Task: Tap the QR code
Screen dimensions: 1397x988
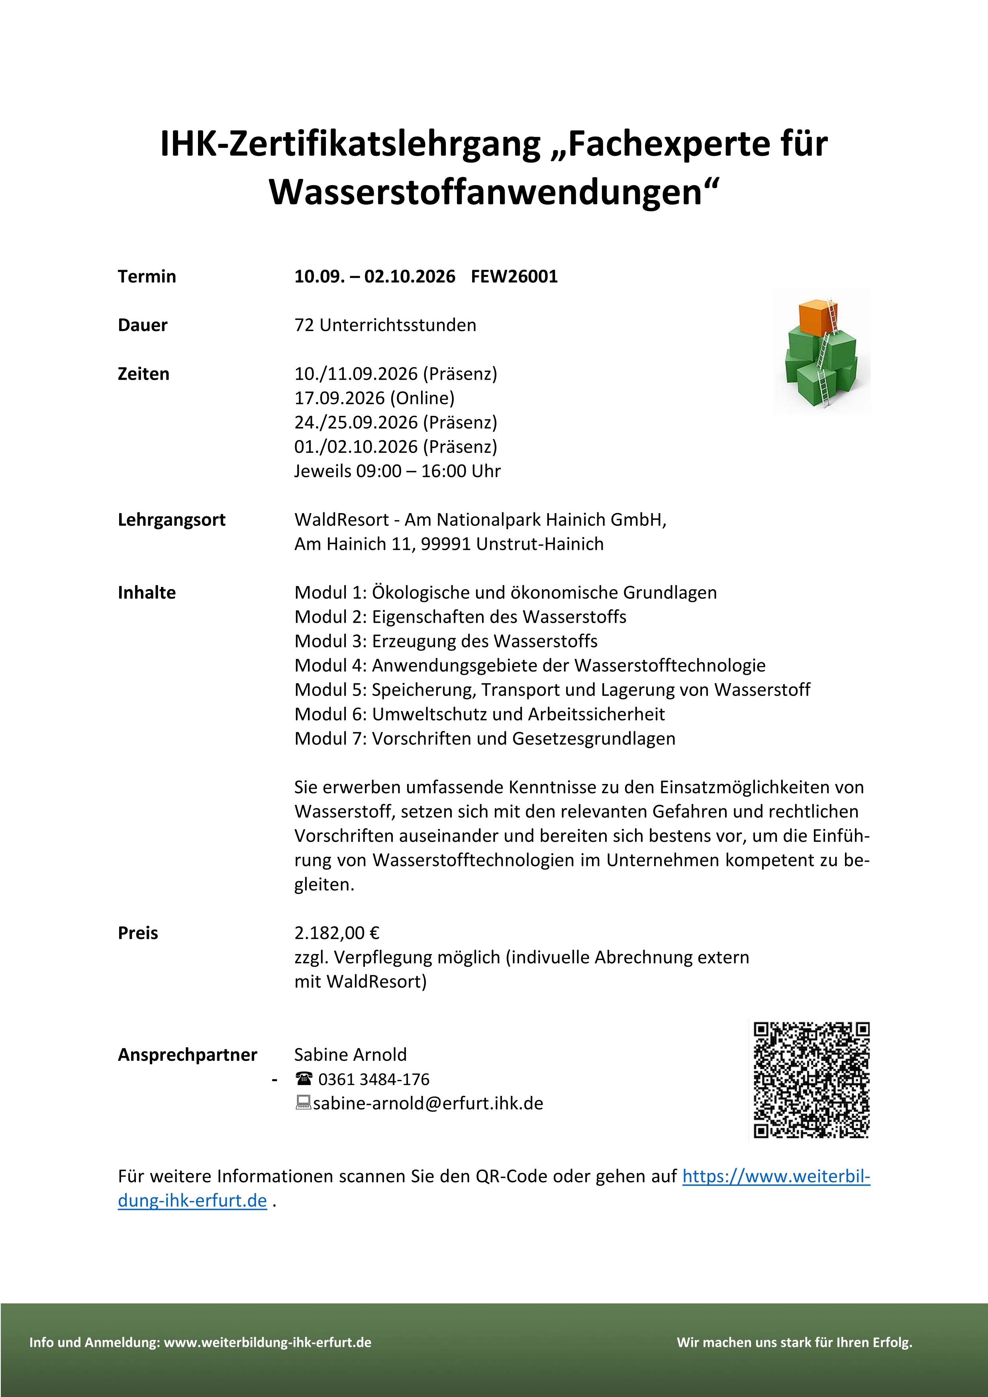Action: [x=811, y=1080]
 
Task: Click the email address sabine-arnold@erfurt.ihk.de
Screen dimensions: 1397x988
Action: [x=428, y=1103]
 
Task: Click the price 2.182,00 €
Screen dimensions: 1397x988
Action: [x=336, y=933]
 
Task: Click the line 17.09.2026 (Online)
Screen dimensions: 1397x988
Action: [x=374, y=398]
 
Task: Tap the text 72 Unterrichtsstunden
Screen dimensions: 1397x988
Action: [x=385, y=325]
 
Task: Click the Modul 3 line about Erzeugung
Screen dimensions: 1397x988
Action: [x=446, y=641]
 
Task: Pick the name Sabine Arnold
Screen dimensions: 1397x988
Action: [x=351, y=1054]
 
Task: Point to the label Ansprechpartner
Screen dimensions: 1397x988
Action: [x=187, y=1054]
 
